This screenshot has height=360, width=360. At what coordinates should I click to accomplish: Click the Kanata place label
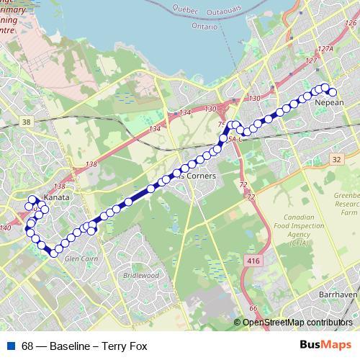55,196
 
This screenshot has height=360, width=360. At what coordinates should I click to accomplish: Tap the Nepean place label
330,103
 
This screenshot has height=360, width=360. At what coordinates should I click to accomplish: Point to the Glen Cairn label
80,257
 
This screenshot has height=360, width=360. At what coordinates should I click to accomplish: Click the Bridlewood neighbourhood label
140,275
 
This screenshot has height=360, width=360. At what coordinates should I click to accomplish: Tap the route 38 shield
27,122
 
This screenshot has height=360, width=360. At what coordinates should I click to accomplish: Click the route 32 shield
337,158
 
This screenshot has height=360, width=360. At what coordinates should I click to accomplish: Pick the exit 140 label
6,228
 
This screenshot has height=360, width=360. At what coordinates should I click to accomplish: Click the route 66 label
253,308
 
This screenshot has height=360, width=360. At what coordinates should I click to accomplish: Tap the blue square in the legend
10,346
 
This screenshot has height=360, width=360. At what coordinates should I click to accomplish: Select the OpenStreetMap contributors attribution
297,323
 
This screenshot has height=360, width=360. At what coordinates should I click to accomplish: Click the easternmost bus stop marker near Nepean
333,91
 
